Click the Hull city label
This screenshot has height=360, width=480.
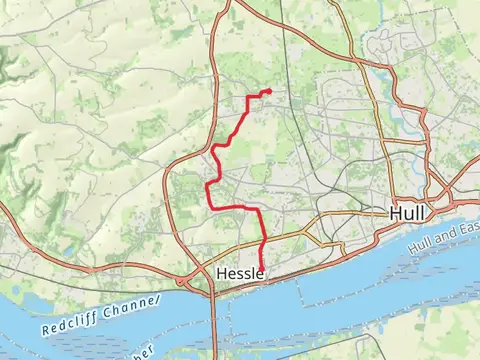click(407, 213)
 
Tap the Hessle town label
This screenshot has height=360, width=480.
click(239, 273)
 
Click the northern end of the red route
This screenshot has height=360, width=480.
click(269, 92)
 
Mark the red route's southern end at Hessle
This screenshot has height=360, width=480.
click(262, 267)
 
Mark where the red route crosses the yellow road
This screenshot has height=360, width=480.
click(262, 243)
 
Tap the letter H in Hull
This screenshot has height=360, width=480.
click(395, 213)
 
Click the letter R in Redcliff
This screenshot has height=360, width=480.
click(46, 331)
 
